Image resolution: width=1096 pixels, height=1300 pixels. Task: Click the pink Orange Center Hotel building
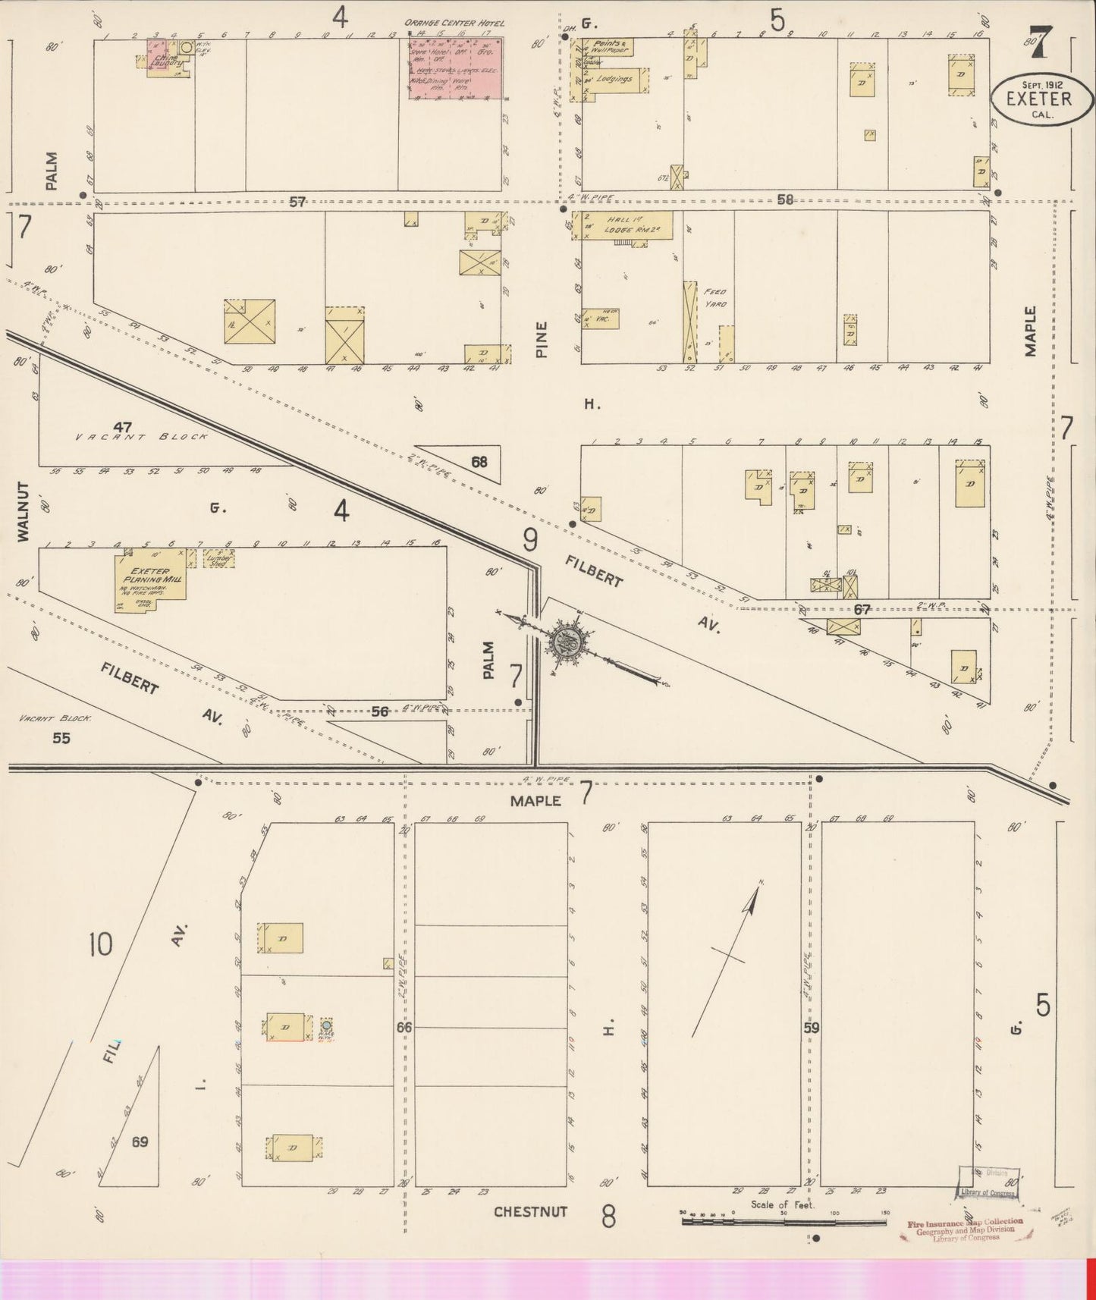pos(455,68)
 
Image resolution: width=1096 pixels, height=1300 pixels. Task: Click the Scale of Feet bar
pos(784,1222)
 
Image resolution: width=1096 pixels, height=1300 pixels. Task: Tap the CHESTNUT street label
pos(530,1211)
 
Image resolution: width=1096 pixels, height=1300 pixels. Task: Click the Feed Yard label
pos(714,298)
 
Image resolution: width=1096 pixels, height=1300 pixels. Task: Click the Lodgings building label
pos(614,79)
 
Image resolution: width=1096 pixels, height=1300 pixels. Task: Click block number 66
pos(404,1027)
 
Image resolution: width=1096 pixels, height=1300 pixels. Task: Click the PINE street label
pos(541,339)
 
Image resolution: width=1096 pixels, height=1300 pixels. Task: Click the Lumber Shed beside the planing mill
pos(218,559)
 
